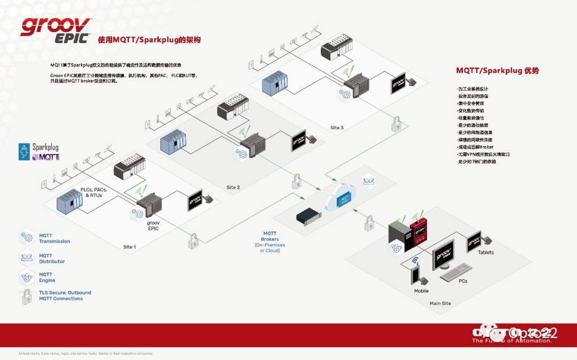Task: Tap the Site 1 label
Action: (x=129, y=247)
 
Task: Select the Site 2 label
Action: (x=233, y=187)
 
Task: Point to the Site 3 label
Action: (x=337, y=128)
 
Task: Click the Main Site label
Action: (x=440, y=303)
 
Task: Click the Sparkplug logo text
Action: (x=45, y=146)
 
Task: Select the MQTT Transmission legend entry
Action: (x=54, y=238)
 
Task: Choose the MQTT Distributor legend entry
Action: (x=51, y=259)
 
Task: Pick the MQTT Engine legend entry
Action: (x=47, y=277)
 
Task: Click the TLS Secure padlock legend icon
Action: (x=25, y=297)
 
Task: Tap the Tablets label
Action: (x=486, y=253)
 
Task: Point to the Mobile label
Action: (x=421, y=291)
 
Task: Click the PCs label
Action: (x=463, y=280)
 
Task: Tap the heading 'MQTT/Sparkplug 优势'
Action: (x=497, y=71)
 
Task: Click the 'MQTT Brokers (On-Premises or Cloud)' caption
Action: (x=270, y=241)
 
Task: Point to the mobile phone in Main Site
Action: (x=415, y=275)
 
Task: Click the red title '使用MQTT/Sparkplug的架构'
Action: (x=149, y=40)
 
